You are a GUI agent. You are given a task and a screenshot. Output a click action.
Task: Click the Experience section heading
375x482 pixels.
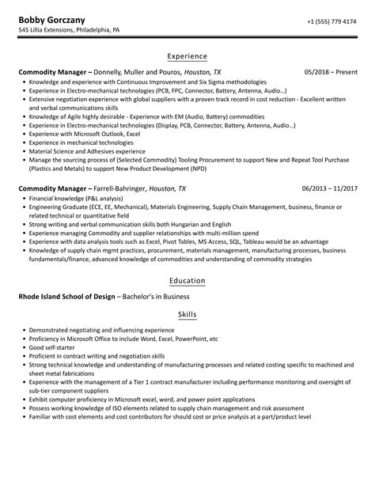coord(187,56)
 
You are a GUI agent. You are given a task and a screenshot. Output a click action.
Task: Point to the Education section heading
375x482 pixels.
coord(187,281)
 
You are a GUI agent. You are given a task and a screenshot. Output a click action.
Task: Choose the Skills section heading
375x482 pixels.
coord(187,314)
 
